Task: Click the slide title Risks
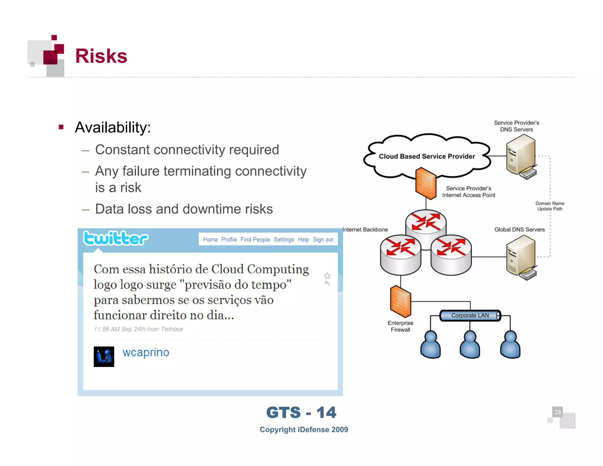(101, 56)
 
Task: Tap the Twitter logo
(116, 238)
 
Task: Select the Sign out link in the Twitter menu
(323, 239)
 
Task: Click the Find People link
(255, 239)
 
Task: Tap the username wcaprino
(146, 352)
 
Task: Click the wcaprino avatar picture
(104, 356)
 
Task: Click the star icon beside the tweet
(327, 276)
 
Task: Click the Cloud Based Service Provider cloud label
(427, 156)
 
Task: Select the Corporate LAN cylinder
(470, 315)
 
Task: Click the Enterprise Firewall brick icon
(400, 302)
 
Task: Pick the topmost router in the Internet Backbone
(426, 222)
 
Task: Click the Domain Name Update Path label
(549, 206)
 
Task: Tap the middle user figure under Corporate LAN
(470, 345)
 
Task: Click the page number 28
(557, 412)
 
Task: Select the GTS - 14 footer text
(301, 412)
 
